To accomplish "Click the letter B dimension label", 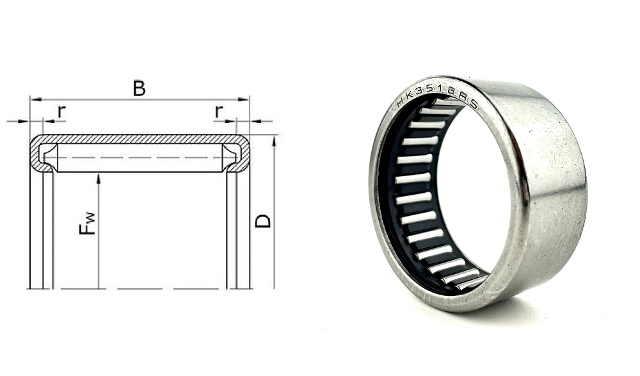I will [x=139, y=88].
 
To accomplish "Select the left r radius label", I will [x=61, y=111].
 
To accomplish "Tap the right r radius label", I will [x=219, y=111].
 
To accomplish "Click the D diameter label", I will [x=263, y=220].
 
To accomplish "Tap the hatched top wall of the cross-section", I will [x=139, y=138].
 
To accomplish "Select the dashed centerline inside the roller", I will [x=139, y=158].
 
